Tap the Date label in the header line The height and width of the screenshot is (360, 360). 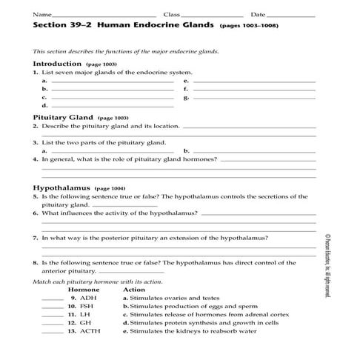[258, 14]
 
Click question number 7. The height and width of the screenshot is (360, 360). [36, 238]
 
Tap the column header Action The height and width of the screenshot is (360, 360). [133, 289]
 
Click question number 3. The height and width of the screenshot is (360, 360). [36, 142]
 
